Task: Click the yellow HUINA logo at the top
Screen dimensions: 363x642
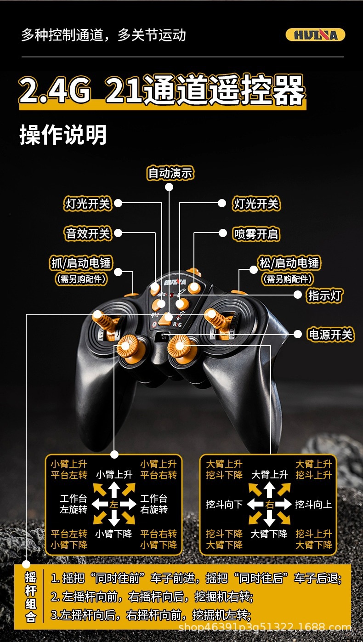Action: [315, 35]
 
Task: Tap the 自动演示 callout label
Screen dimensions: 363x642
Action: [170, 173]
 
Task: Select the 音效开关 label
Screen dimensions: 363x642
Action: [88, 233]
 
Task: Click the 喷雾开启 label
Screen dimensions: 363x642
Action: [256, 234]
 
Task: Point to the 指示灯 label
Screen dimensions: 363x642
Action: [325, 295]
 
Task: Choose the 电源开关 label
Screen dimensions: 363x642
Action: [330, 335]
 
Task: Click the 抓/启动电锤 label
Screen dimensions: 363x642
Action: [81, 263]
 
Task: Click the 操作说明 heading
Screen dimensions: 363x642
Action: [63, 135]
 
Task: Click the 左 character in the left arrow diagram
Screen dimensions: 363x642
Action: [114, 505]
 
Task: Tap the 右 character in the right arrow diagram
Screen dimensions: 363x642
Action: [270, 505]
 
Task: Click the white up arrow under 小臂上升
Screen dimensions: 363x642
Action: [114, 489]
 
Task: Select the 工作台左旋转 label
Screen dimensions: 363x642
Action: [74, 504]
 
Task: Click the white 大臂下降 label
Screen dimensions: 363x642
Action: [269, 534]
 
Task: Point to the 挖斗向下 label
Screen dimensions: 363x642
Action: [224, 505]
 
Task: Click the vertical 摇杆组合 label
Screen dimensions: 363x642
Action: [31, 597]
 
